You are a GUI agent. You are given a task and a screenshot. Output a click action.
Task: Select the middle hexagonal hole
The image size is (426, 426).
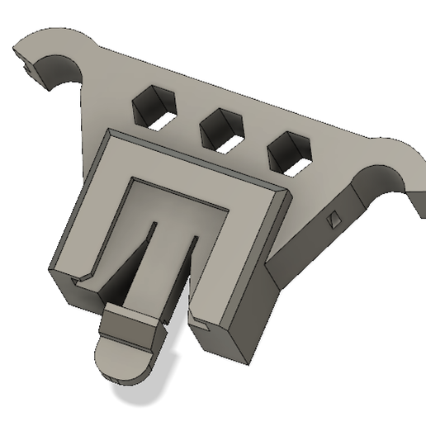(220, 129)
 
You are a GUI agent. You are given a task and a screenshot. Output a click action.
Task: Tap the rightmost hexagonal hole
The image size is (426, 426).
(291, 152)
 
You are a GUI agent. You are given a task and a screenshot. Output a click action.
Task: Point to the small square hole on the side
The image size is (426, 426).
(334, 219)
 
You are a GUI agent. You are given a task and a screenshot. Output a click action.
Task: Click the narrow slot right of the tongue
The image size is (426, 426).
(187, 272)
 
